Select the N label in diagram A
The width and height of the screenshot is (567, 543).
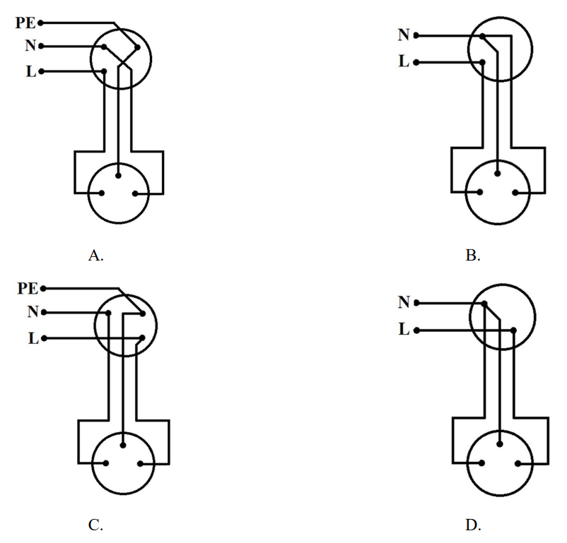pyautogui.click(x=30, y=46)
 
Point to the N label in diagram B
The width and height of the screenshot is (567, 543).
pyautogui.click(x=404, y=35)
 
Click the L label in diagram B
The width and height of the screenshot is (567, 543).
pyautogui.click(x=404, y=61)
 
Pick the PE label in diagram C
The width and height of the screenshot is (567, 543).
pyautogui.click(x=28, y=288)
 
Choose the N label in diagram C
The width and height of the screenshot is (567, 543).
pyautogui.click(x=32, y=311)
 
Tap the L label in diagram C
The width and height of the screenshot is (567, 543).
pyautogui.click(x=33, y=338)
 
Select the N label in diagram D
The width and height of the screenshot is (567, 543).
pyautogui.click(x=404, y=302)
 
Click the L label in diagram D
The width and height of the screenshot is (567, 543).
pyautogui.click(x=404, y=329)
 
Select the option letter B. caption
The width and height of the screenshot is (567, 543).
pyautogui.click(x=473, y=256)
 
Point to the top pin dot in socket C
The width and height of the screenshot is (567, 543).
pyautogui.click(x=123, y=444)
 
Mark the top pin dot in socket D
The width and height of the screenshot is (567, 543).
pyautogui.click(x=500, y=444)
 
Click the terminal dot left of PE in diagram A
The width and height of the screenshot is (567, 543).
pyautogui.click(x=41, y=23)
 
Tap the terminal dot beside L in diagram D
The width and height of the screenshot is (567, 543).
pyautogui.click(x=416, y=330)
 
